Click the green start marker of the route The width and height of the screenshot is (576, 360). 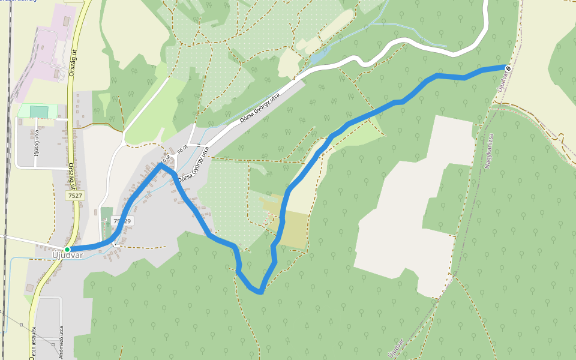(67, 249)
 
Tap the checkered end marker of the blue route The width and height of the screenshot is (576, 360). (508, 68)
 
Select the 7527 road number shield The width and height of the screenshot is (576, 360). (75, 196)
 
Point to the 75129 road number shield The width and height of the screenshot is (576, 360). (122, 221)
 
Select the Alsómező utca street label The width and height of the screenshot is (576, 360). (61, 340)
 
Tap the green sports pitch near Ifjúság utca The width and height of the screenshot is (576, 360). (39, 112)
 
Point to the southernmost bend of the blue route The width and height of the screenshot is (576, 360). (259, 292)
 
